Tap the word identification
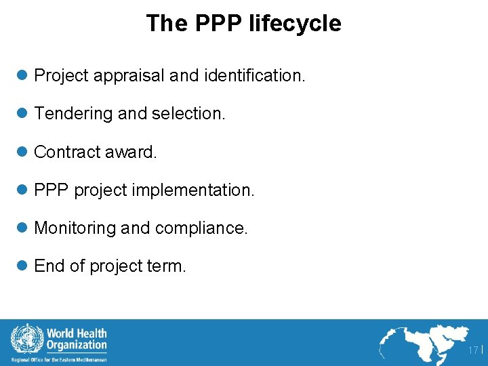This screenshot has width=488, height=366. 251,76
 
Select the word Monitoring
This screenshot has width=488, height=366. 75,228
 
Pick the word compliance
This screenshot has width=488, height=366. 201,228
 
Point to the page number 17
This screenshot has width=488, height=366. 472,350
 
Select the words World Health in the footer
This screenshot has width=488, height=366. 77,333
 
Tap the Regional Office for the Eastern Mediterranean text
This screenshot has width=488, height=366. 59,360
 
